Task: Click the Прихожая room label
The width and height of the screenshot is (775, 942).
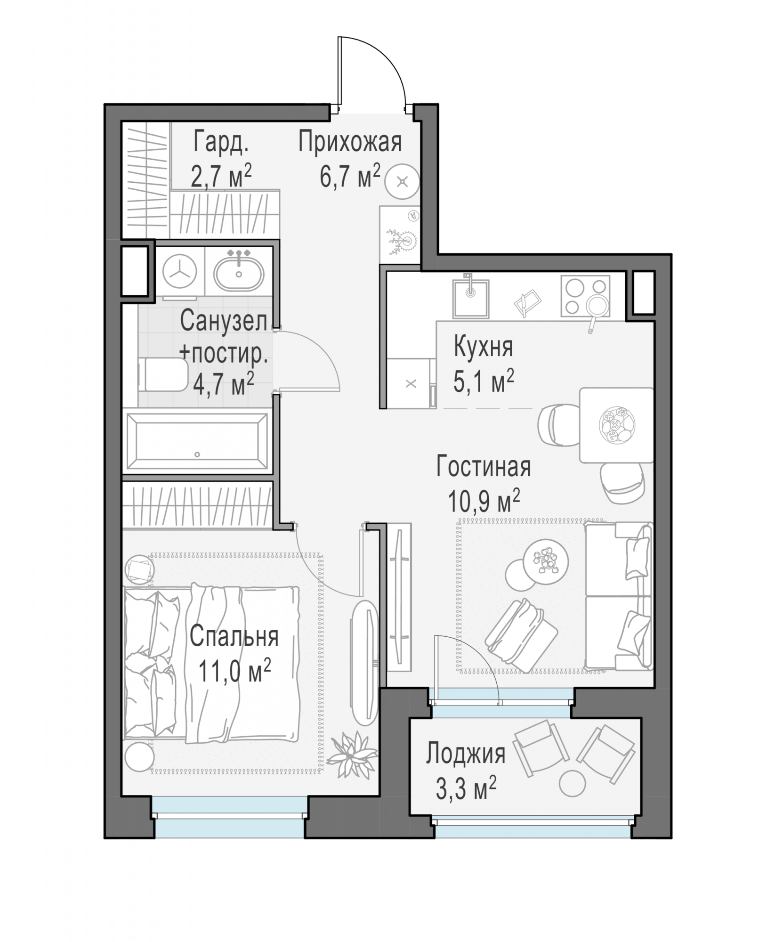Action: coord(350,142)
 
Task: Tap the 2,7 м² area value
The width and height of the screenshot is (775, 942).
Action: coord(221,176)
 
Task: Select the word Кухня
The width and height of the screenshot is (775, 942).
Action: coord(483,347)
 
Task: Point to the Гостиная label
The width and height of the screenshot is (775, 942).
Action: coord(484,466)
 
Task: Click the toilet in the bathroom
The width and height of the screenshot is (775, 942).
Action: coord(163,374)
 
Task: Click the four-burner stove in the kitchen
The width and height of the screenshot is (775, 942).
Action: coord(585,296)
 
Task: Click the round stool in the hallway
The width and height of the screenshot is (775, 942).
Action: coord(402,181)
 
